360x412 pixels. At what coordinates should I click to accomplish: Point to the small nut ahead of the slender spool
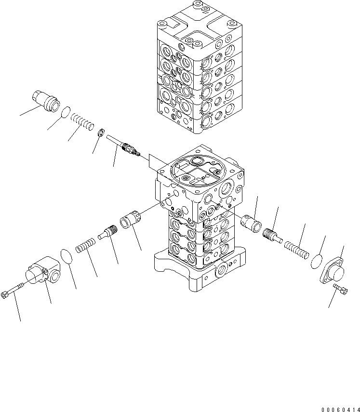[102, 133]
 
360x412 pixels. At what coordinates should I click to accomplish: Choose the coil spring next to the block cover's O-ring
[86, 246]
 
